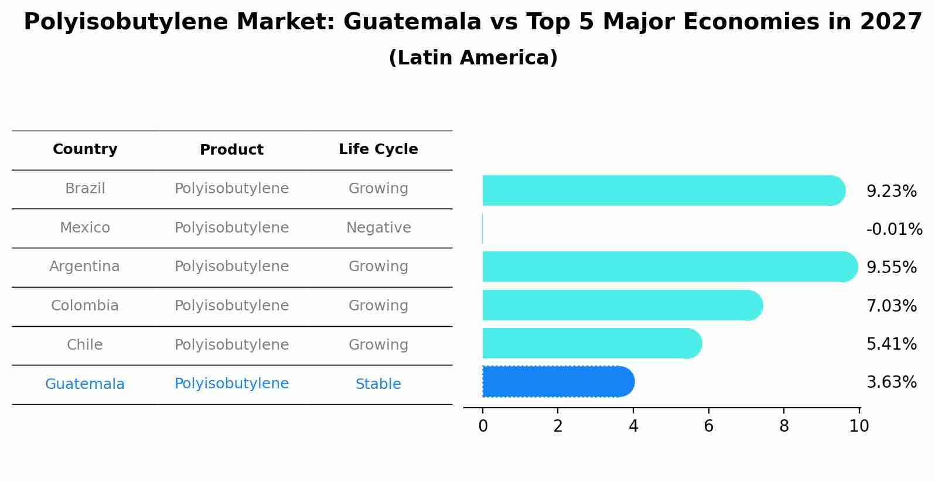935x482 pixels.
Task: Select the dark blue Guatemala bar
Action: click(x=557, y=382)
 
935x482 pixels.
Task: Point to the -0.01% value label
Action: click(x=894, y=229)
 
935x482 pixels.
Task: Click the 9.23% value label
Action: click(x=891, y=191)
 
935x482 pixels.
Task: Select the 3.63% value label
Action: click(x=891, y=382)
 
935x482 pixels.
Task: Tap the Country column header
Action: click(x=85, y=149)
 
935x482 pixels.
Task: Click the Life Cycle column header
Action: click(x=378, y=149)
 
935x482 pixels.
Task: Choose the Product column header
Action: click(x=231, y=150)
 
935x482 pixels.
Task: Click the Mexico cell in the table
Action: click(x=85, y=228)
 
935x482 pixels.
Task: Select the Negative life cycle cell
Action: click(x=378, y=228)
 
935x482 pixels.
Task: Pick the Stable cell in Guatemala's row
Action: click(x=378, y=384)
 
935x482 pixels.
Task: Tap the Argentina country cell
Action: click(x=84, y=266)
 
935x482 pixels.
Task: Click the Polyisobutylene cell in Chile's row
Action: click(x=231, y=345)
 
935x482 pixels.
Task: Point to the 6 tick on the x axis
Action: click(x=708, y=426)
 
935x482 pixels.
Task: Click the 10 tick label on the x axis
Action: click(x=859, y=426)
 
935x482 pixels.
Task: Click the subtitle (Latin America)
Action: click(x=473, y=58)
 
